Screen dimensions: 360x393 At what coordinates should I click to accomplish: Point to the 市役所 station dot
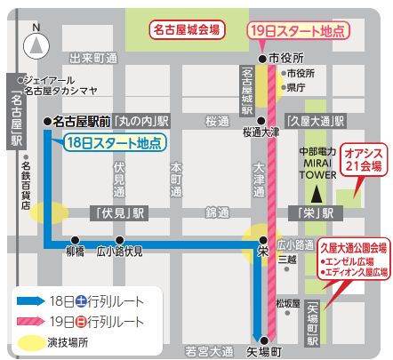[262, 59]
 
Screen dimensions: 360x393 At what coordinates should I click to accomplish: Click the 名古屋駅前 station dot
[46, 120]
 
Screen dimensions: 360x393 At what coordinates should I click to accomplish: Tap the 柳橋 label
[76, 228]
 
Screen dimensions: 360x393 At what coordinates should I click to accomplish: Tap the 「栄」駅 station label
[315, 188]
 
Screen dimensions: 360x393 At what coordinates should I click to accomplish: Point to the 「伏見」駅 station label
[118, 188]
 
